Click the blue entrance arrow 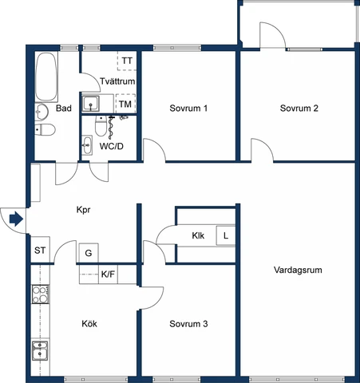pos(16,219)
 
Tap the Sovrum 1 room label pos(188,109)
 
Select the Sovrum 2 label pos(299,109)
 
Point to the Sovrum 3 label pos(188,324)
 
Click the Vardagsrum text pos(298,270)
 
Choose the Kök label pos(89,324)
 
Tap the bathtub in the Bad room pos(46,77)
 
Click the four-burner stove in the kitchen pos(41,294)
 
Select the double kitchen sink pos(40,350)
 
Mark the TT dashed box pos(127,61)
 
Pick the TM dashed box pos(125,104)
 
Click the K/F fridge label pos(108,274)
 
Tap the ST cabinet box pos(40,250)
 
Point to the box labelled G pos(89,253)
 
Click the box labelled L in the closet pos(226,235)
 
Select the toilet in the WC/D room pos(101,126)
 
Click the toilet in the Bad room pos(45,130)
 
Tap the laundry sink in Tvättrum pos(91,104)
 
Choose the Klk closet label pos(198,235)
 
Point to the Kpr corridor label pos(83,210)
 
